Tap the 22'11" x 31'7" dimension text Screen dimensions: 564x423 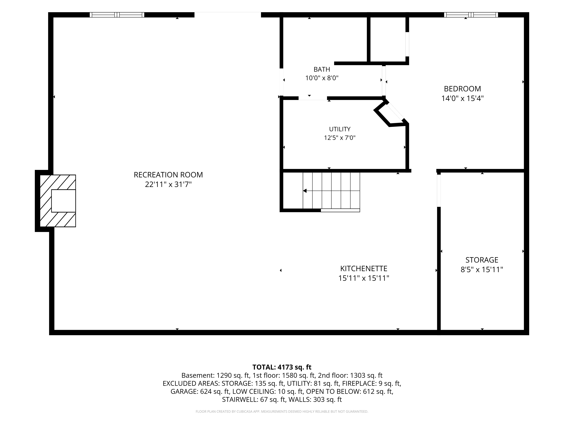pos(168,184)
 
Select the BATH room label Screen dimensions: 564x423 pos(322,69)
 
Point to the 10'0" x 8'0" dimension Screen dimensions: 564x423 pos(322,78)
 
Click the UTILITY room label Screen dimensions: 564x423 pos(340,129)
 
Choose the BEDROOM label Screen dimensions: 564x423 pos(462,89)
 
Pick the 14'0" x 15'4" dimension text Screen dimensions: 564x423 pos(462,98)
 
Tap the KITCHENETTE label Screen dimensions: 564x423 pos(364,268)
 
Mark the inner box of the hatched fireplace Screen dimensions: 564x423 pos(63,201)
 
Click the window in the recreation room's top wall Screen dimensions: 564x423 pos(117,15)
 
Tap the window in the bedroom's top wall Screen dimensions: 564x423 pos(471,15)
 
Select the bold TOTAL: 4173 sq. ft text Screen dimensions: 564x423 pos(282,367)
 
